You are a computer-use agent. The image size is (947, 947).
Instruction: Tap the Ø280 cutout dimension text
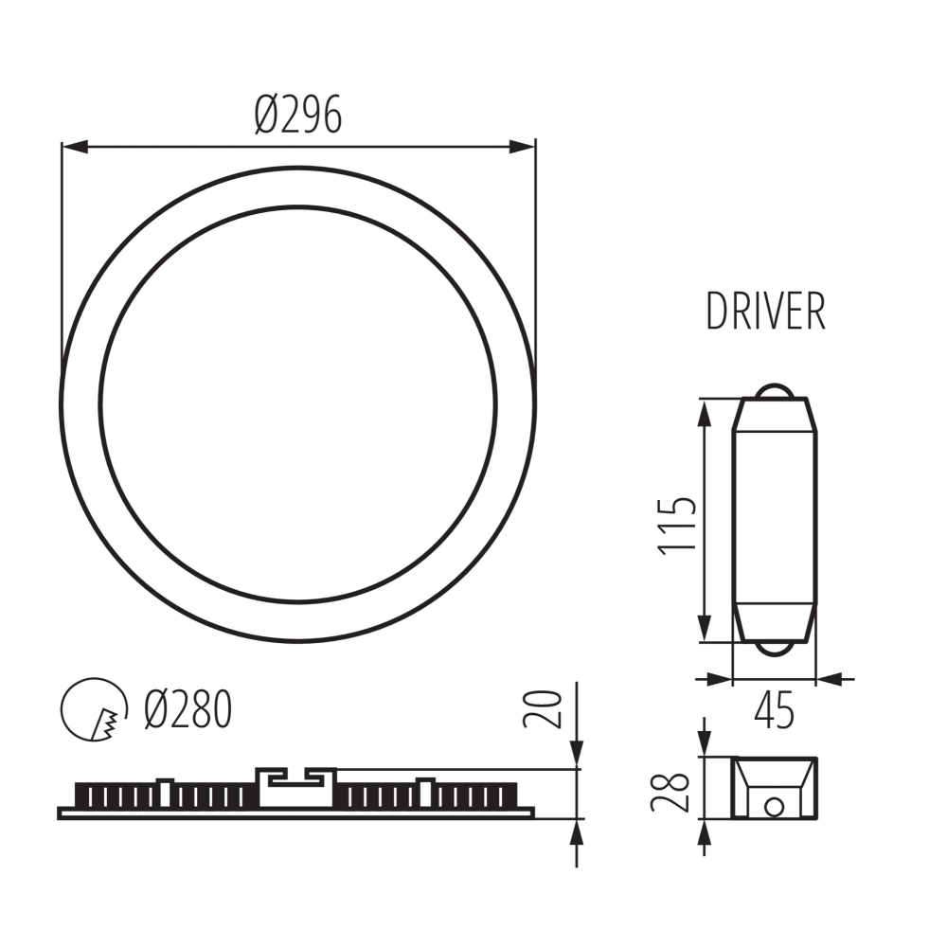pyautogui.click(x=188, y=709)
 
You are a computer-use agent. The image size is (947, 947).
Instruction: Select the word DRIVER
pyautogui.click(x=765, y=313)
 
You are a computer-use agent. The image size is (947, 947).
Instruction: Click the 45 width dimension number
pyautogui.click(x=775, y=711)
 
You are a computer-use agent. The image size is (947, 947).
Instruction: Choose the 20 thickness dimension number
pyautogui.click(x=543, y=708)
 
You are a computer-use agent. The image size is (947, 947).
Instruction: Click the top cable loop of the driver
pyautogui.click(x=776, y=390)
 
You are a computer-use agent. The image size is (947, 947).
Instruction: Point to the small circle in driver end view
pyautogui.click(x=774, y=807)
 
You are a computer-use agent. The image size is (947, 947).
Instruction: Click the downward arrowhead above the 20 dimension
pyautogui.click(x=577, y=754)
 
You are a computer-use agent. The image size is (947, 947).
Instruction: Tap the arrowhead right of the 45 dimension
pyautogui.click(x=830, y=678)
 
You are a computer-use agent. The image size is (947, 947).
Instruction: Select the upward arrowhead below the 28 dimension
pyautogui.click(x=704, y=833)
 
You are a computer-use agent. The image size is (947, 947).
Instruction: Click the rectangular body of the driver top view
pyautogui.click(x=776, y=521)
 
